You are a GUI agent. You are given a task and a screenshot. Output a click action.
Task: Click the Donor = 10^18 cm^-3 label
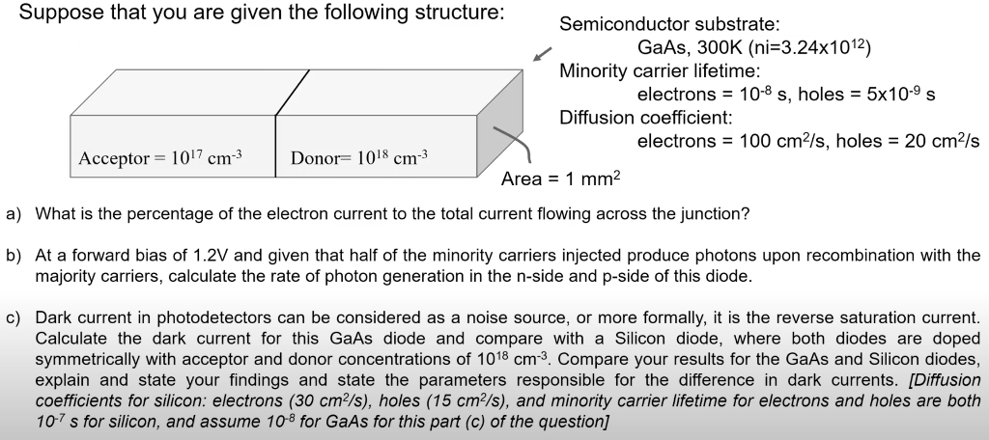coord(359,157)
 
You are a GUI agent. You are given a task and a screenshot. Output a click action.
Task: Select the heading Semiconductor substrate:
coord(670,25)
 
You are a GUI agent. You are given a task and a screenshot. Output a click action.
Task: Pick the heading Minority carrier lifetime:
coord(660,70)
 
